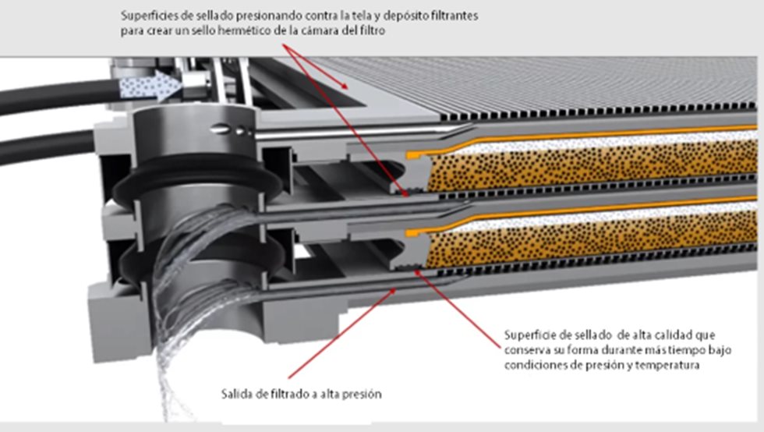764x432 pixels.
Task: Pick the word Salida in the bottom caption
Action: [x=235, y=395]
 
